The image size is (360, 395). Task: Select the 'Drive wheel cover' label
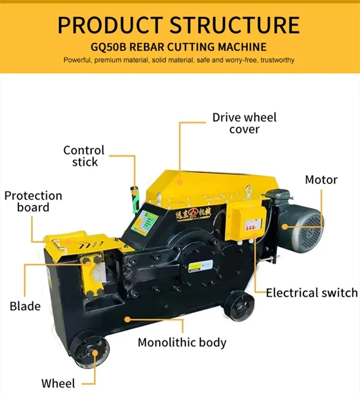tap(244, 123)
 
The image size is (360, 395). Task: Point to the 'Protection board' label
tap(33, 202)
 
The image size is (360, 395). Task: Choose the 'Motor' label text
tap(321, 180)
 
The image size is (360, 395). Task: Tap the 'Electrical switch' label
tap(312, 293)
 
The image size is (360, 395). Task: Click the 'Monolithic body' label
tap(182, 342)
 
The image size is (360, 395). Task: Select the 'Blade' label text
tap(25, 306)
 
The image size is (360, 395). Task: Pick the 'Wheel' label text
tap(58, 383)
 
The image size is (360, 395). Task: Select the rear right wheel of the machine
tap(239, 305)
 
